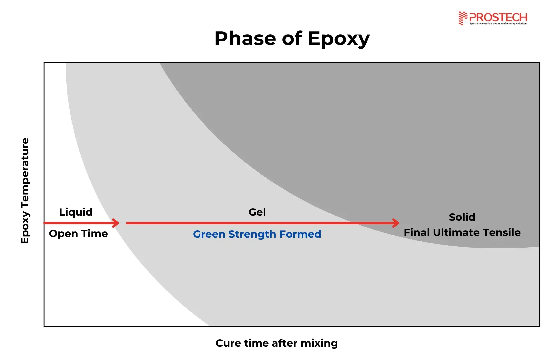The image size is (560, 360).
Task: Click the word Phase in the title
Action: (x=245, y=39)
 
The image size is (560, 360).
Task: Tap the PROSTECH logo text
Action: (x=498, y=17)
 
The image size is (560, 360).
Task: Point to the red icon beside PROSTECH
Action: (x=463, y=18)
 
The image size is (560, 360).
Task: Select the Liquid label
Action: (x=76, y=212)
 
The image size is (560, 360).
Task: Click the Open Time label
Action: (x=78, y=233)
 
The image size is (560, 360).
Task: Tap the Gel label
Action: (x=257, y=212)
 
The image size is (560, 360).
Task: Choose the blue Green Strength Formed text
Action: (x=257, y=234)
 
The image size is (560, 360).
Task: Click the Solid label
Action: (x=462, y=217)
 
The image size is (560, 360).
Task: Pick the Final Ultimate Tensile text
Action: (x=462, y=233)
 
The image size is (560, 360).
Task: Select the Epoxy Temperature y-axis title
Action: (x=25, y=191)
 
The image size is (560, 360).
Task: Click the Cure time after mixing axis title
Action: (x=277, y=343)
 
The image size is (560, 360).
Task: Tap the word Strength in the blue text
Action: (x=252, y=235)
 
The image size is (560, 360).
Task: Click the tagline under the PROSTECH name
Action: (x=498, y=24)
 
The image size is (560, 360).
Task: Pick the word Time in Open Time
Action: (x=95, y=233)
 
